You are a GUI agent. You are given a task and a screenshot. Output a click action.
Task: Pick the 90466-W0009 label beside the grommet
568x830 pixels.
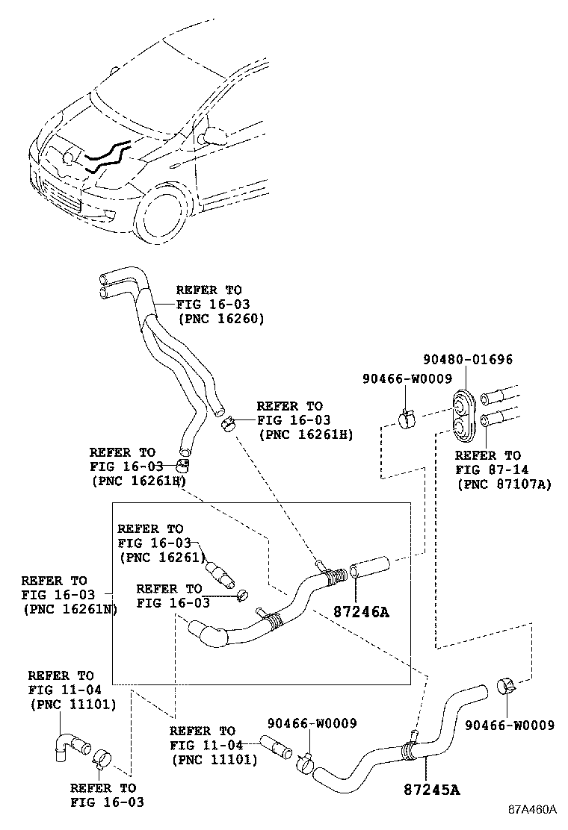pos(407,379)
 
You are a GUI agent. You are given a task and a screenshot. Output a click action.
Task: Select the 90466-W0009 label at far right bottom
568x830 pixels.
pos(510,725)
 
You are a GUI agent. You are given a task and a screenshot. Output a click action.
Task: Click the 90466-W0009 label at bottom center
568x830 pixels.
pos(312,723)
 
